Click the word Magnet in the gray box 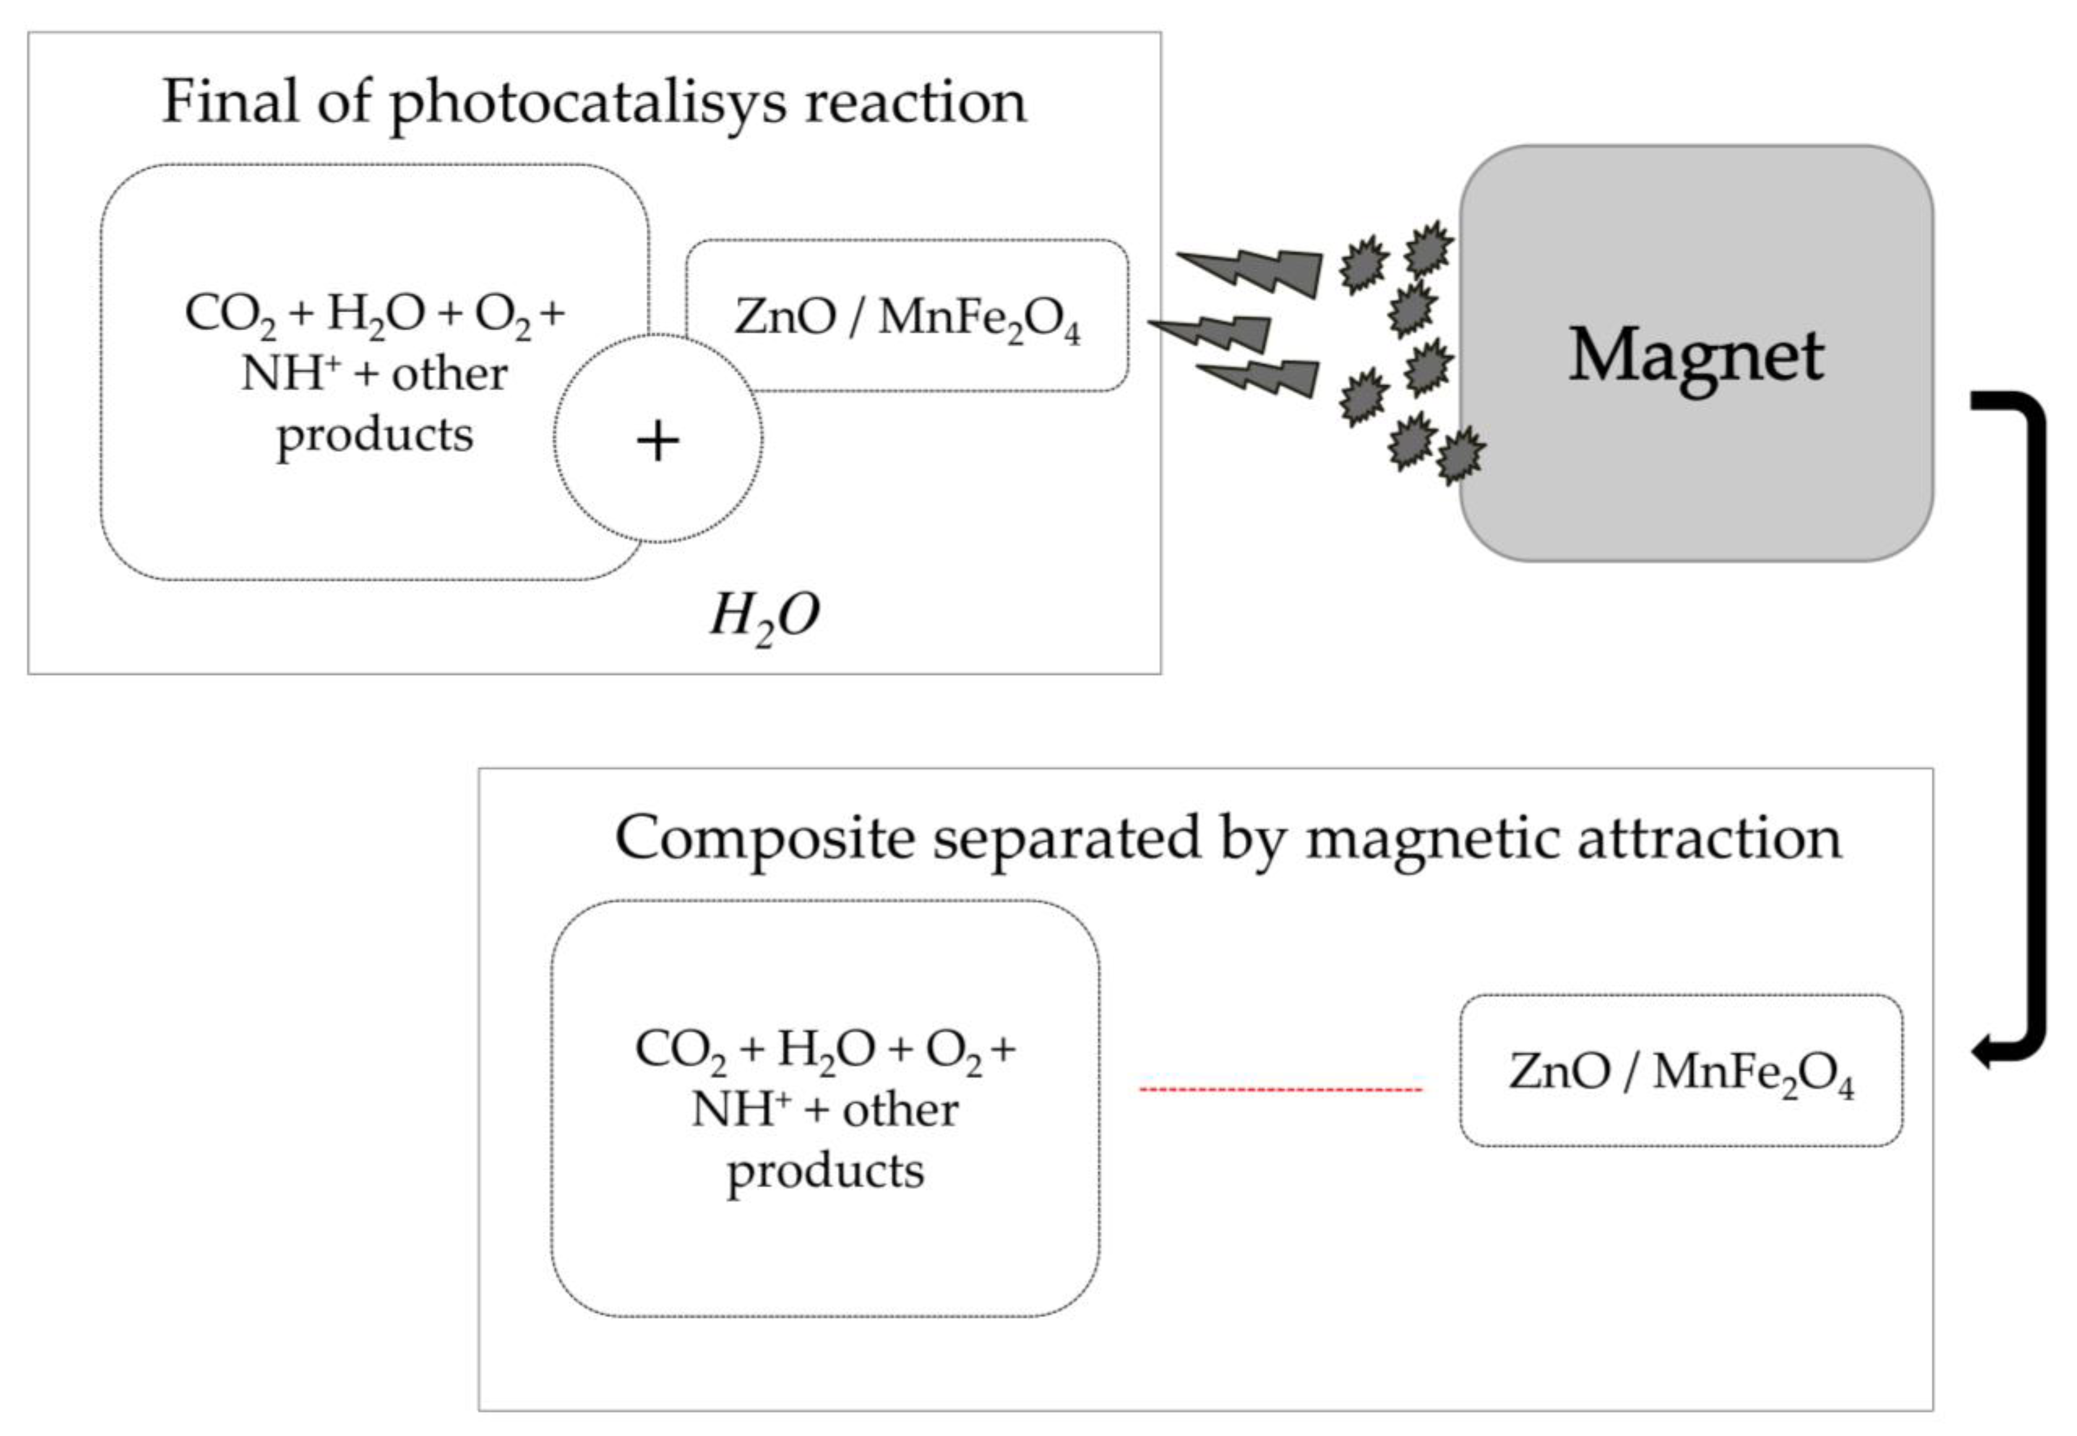click(x=1695, y=356)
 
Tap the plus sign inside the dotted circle click(x=658, y=441)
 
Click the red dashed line click(x=1281, y=1090)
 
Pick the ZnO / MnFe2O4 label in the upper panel click(x=907, y=318)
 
